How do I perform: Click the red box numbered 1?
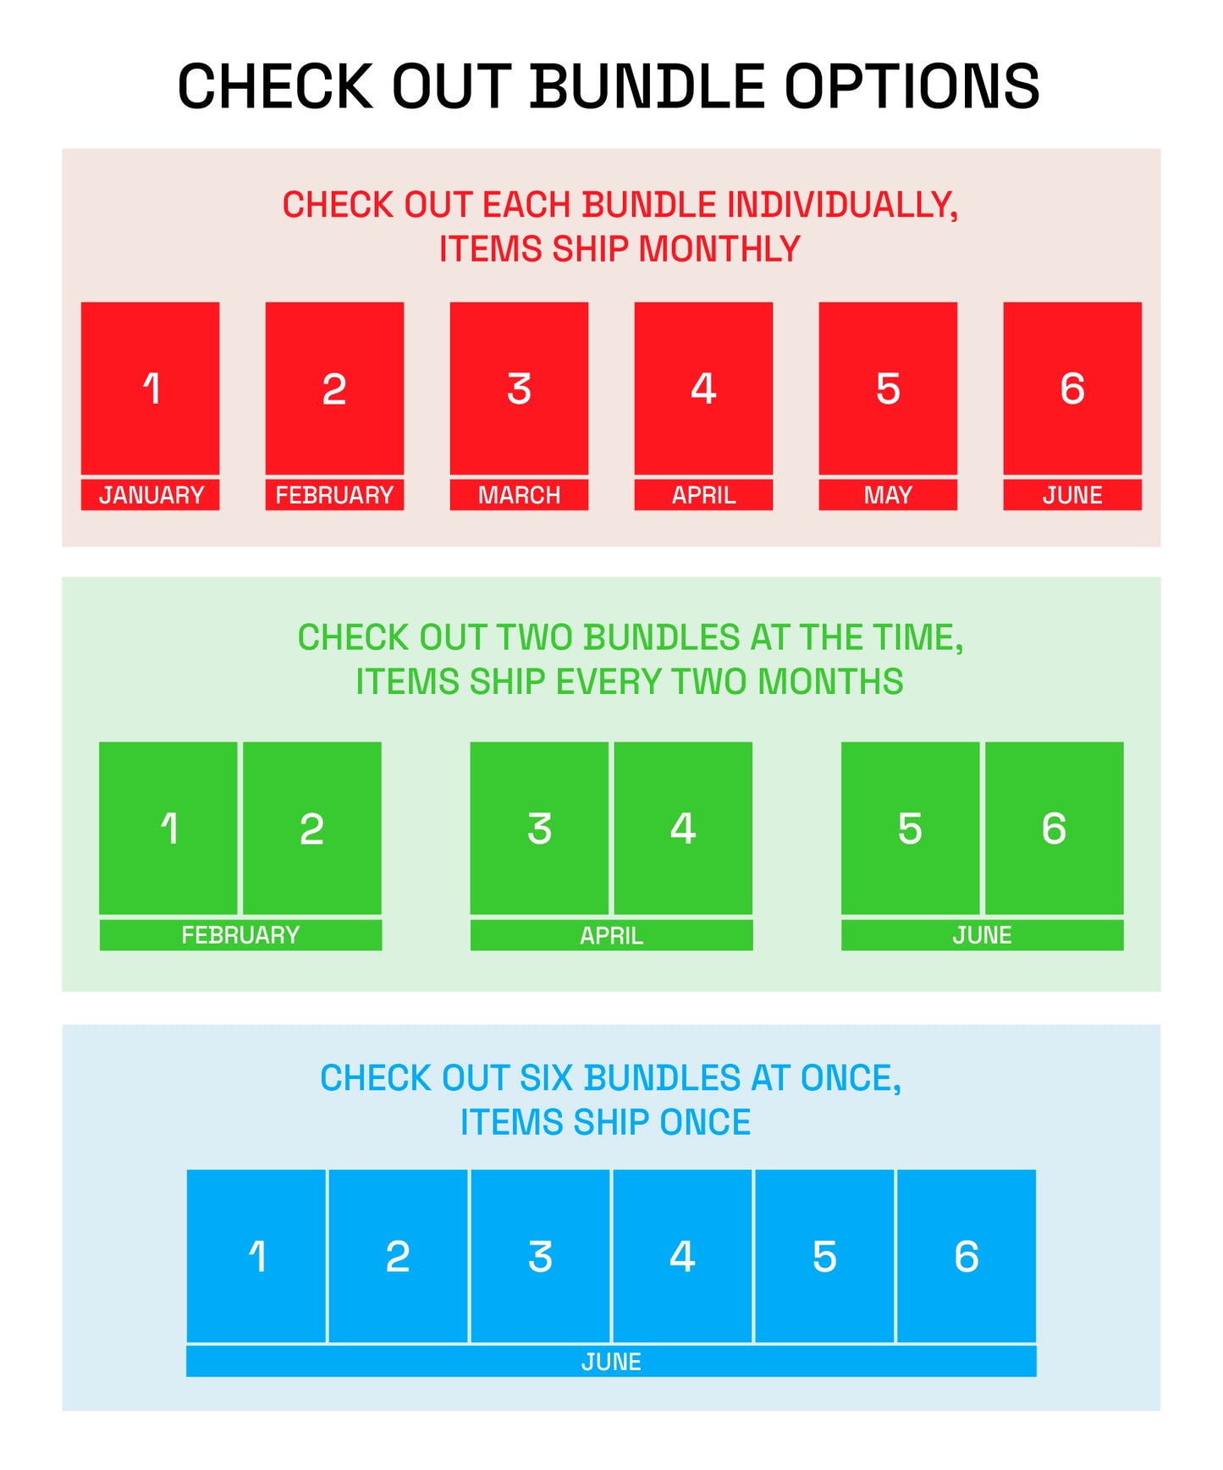click(150, 388)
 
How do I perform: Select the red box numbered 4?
click(703, 388)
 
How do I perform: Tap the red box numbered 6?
click(1072, 388)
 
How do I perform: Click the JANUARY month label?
click(150, 495)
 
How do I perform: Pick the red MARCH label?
click(519, 495)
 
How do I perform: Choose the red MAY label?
click(888, 495)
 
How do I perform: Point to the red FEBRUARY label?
click(334, 495)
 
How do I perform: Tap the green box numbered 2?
click(312, 829)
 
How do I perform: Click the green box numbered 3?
click(539, 829)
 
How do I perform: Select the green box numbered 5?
click(910, 829)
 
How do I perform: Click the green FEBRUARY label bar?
click(240, 935)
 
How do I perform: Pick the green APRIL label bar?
click(611, 935)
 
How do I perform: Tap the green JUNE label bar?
click(983, 935)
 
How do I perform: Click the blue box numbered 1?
click(256, 1256)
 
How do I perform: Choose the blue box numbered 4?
click(682, 1256)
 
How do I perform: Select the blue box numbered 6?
click(967, 1256)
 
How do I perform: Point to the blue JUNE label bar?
click(611, 1362)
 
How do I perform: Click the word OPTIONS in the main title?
click(912, 86)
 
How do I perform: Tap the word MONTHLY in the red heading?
click(719, 249)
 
